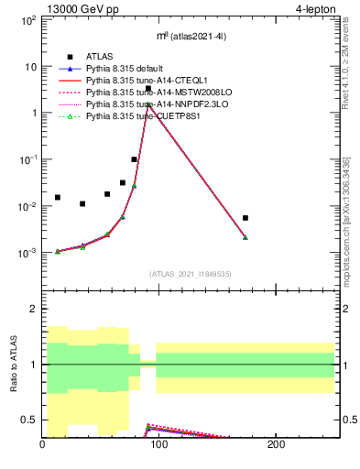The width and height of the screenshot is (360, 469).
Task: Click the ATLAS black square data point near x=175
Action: tap(245, 218)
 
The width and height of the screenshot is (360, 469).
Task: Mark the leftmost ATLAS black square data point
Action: tap(58, 197)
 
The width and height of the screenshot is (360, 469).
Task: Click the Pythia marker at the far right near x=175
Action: tap(245, 237)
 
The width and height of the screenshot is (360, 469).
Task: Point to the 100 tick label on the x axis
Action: tap(159, 445)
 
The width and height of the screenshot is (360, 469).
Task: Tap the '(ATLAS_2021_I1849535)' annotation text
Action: tap(190, 272)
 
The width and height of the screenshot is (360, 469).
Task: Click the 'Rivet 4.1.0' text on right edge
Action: tap(352, 55)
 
